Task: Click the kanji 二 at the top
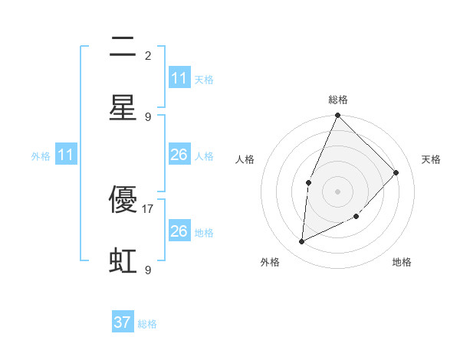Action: (x=123, y=48)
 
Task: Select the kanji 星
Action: (x=123, y=108)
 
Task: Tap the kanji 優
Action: (x=123, y=200)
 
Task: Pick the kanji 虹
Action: (x=123, y=261)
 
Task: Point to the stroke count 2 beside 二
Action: (x=148, y=55)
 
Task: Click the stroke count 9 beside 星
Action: (x=148, y=116)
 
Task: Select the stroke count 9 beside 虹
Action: (x=148, y=270)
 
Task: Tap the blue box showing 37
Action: (x=123, y=322)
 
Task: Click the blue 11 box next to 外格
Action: (x=66, y=155)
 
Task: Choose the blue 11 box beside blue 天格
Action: (x=179, y=78)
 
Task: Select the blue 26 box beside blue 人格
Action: (x=179, y=155)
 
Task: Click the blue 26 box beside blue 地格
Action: (x=179, y=231)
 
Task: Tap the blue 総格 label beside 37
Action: (x=147, y=324)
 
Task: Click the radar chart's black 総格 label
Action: (x=337, y=100)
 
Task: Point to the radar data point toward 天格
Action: (x=396, y=172)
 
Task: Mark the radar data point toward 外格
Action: (x=301, y=242)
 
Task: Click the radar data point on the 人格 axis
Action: (x=308, y=182)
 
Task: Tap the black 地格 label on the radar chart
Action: (x=402, y=262)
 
